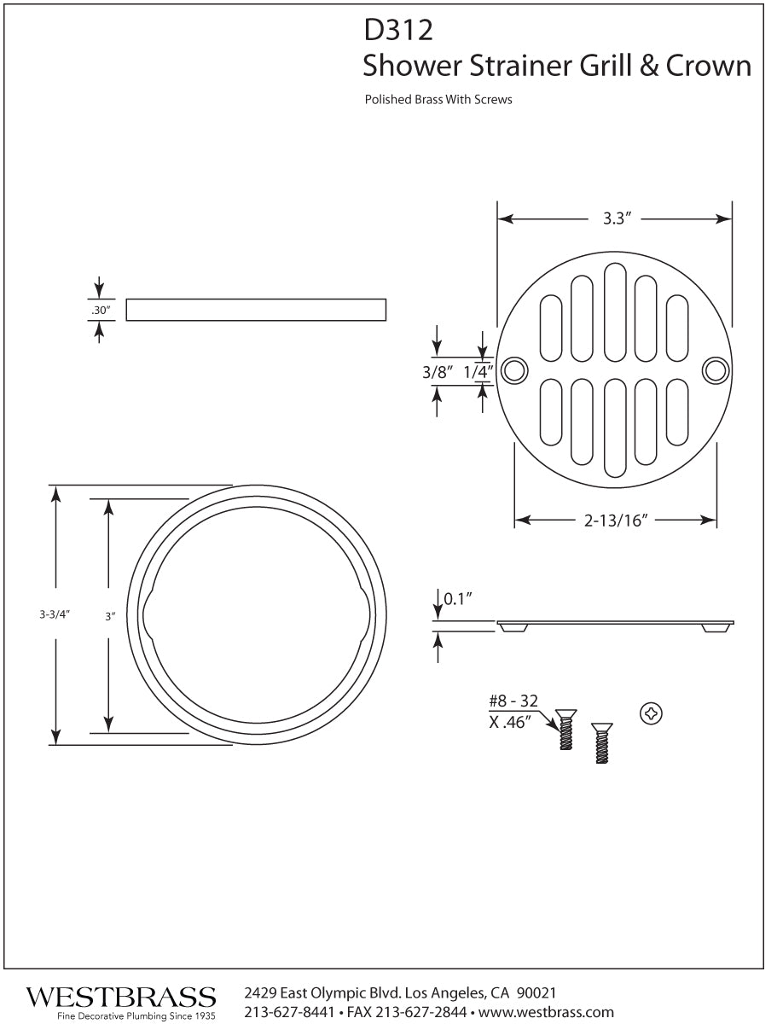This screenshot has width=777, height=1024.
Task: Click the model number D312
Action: [398, 32]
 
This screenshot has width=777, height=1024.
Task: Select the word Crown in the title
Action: [710, 66]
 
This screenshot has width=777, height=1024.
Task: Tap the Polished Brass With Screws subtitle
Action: [438, 100]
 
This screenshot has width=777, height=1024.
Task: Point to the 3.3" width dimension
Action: [615, 218]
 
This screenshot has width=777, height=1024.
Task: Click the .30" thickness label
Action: [101, 311]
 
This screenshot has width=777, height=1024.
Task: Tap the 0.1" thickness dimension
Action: [458, 599]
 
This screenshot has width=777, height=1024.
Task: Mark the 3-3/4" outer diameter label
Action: [54, 614]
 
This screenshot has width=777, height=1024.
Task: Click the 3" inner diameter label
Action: [109, 614]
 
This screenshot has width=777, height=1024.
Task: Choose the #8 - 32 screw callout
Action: [513, 701]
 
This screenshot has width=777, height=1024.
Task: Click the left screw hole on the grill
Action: [513, 370]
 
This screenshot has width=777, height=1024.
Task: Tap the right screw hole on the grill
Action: [715, 370]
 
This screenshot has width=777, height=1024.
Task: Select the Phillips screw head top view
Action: [651, 713]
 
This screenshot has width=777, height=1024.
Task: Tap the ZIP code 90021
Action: [537, 993]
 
